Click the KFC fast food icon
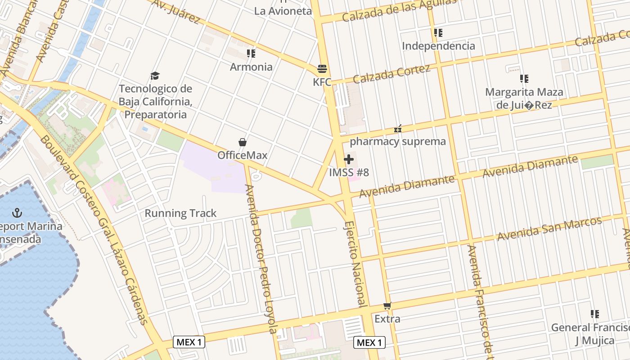tap(322, 69)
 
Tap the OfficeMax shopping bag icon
tap(242, 142)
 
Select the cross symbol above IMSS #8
tap(349, 159)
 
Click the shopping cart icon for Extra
tap(387, 306)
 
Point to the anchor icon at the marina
tap(18, 212)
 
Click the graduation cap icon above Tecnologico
tap(155, 76)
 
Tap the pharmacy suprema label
tap(397, 141)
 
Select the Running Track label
tap(180, 213)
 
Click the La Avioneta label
tap(283, 11)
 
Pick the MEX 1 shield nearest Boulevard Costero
tap(189, 342)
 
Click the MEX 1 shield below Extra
tap(369, 342)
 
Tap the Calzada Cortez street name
tap(391, 74)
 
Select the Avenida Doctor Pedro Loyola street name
tap(261, 259)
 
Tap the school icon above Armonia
tap(251, 54)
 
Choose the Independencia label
tap(438, 46)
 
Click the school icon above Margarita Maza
tap(524, 79)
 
